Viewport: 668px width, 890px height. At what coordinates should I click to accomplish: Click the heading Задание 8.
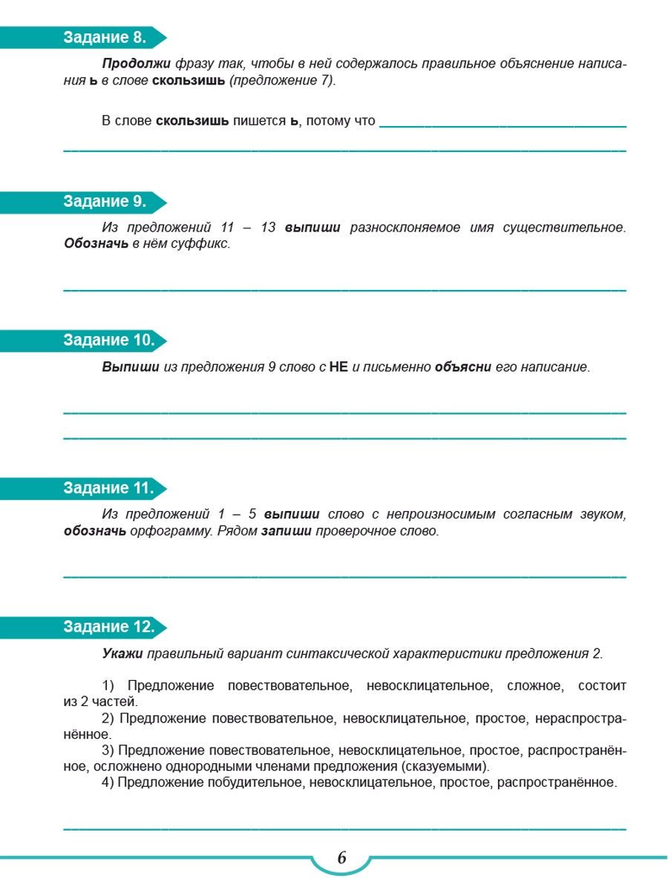click(x=105, y=38)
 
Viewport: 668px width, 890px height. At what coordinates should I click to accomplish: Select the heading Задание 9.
click(x=105, y=202)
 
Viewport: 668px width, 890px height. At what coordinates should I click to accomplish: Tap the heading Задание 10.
click(x=108, y=340)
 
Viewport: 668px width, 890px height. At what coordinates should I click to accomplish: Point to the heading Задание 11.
click(x=108, y=488)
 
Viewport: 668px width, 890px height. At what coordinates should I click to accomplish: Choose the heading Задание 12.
click(x=108, y=627)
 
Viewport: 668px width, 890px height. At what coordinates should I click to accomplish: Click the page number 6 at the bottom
click(x=341, y=858)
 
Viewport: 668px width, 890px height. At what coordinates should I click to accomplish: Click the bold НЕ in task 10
click(x=338, y=367)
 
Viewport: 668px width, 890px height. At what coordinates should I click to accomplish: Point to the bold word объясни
click(x=463, y=367)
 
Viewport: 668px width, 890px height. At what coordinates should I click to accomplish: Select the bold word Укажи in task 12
click(x=122, y=653)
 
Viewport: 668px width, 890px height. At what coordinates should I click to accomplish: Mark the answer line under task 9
click(x=344, y=289)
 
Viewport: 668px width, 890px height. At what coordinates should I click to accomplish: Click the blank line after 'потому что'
click(x=502, y=126)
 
